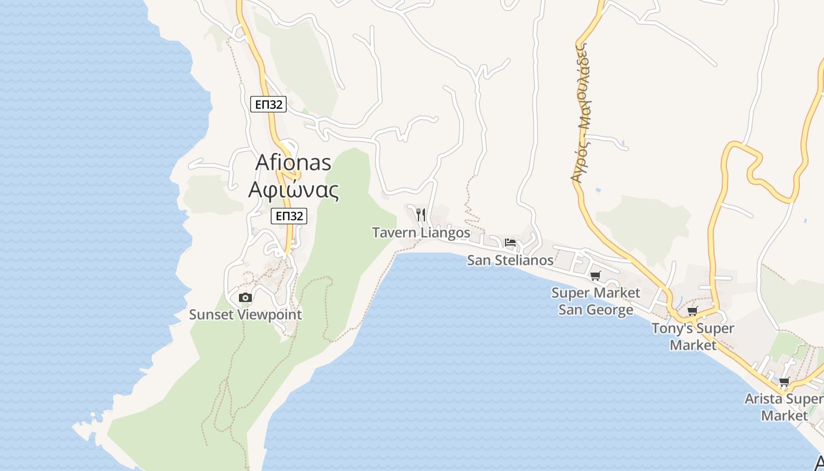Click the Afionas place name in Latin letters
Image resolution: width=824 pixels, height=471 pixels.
(x=293, y=162)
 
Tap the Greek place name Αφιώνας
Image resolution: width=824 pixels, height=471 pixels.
(x=293, y=190)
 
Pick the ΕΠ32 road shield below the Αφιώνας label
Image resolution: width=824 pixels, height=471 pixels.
(x=289, y=216)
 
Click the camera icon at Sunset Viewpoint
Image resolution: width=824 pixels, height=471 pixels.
(x=245, y=298)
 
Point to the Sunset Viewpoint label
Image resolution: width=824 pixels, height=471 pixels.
(x=245, y=314)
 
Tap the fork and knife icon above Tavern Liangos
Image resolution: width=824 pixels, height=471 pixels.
(x=421, y=214)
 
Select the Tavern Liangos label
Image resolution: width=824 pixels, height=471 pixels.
(x=421, y=233)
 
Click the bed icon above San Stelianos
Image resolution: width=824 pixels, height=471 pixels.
(x=510, y=243)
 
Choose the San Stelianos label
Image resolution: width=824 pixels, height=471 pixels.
(x=510, y=260)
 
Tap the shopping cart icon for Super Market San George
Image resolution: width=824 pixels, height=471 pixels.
(x=596, y=276)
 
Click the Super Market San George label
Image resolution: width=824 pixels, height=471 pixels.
(x=596, y=301)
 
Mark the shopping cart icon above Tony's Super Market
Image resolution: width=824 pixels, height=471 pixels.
(x=693, y=311)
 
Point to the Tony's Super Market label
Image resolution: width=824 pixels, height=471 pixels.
(x=693, y=336)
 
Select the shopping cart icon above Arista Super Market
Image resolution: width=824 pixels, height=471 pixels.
(x=785, y=382)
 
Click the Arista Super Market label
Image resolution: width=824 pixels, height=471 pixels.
(x=784, y=407)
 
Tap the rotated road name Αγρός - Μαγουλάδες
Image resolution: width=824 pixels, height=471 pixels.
(x=582, y=112)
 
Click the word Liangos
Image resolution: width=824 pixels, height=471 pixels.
(x=444, y=233)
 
